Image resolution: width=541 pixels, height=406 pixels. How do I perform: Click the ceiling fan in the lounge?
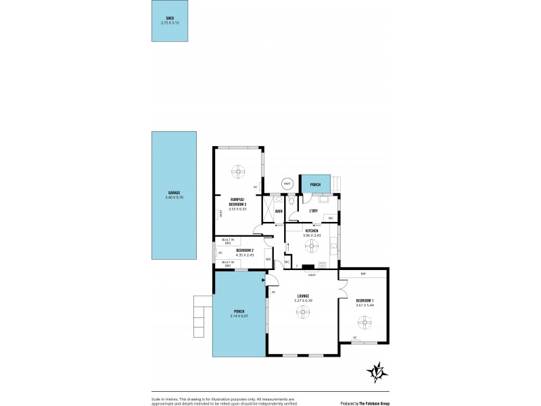(303, 312)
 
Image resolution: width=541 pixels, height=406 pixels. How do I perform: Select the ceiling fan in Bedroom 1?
(363, 324)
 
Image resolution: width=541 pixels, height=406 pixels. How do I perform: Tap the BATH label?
(279, 211)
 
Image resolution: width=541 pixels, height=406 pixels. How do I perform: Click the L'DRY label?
(313, 210)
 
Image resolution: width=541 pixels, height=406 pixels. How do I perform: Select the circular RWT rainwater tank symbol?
(287, 183)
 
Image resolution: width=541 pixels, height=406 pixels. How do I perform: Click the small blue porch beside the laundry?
(315, 184)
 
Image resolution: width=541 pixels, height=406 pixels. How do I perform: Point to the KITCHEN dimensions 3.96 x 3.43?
(312, 235)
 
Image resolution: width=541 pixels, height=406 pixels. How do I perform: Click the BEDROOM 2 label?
(245, 250)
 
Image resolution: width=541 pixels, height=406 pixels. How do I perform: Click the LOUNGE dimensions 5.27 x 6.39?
(303, 300)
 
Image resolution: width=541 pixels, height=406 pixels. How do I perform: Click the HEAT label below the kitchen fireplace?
(312, 275)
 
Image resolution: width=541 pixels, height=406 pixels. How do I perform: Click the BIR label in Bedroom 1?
(363, 274)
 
